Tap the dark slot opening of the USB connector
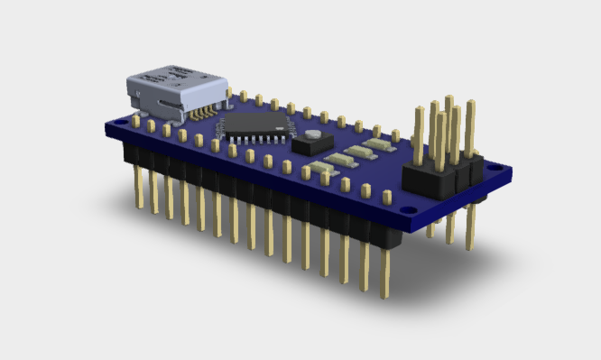point(167,106)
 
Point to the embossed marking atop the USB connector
point(180,70)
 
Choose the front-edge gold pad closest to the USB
point(136,120)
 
